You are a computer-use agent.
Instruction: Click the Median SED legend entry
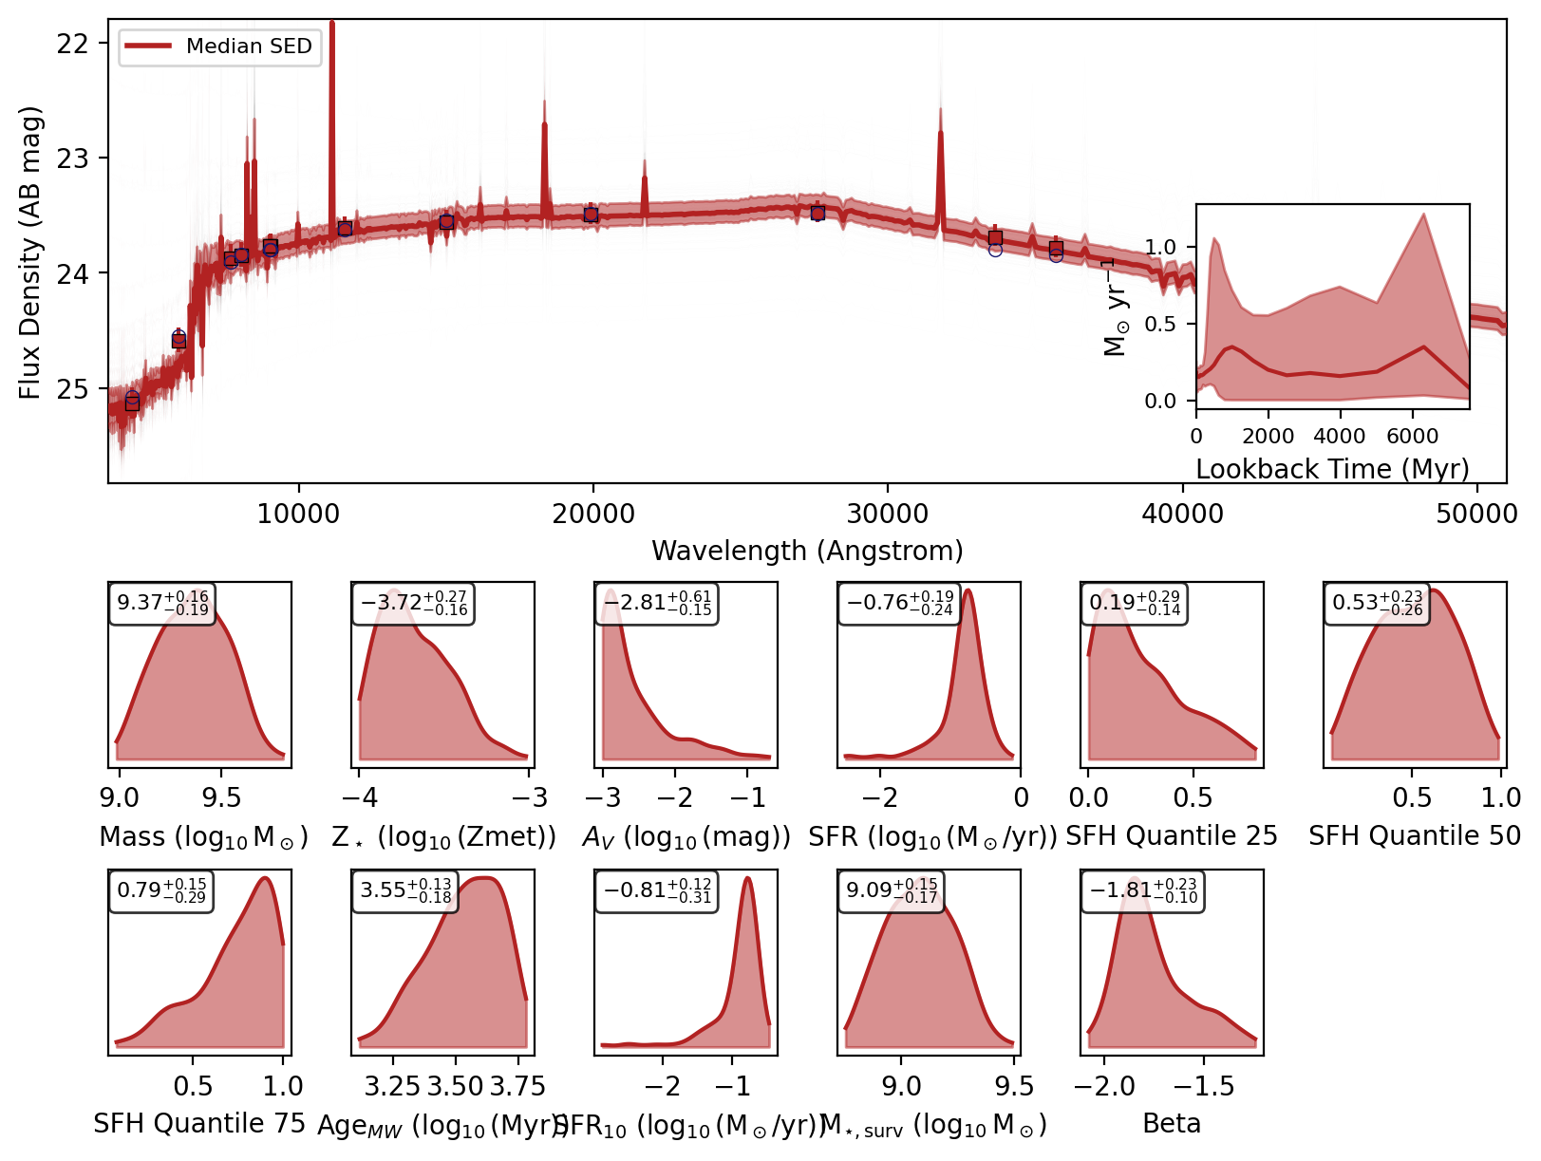[x=221, y=47]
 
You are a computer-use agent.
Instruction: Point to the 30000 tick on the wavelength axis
[x=887, y=514]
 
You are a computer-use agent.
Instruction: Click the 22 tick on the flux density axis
[x=72, y=44]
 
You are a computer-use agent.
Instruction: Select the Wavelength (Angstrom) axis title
[x=807, y=551]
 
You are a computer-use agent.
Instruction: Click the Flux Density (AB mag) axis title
[x=30, y=253]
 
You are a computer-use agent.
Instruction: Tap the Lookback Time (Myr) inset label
[x=1332, y=469]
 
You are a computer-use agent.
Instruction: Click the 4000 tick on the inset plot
[x=1340, y=436]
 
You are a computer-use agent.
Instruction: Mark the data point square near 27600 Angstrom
[x=817, y=213]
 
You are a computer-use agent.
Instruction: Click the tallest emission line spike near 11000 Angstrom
[x=331, y=28]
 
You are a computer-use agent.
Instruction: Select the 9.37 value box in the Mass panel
[x=162, y=604]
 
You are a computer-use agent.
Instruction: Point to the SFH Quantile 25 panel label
[x=1172, y=836]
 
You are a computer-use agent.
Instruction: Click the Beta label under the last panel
[x=1172, y=1124]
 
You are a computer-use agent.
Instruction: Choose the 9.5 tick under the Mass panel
[x=221, y=797]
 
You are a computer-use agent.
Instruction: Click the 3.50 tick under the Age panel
[x=455, y=1086]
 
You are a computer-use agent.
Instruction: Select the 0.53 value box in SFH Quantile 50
[x=1377, y=604]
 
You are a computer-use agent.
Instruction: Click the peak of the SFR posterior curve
[x=968, y=591]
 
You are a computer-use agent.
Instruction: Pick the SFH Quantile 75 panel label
[x=199, y=1124]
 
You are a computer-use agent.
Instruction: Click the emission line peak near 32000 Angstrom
[x=941, y=133]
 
